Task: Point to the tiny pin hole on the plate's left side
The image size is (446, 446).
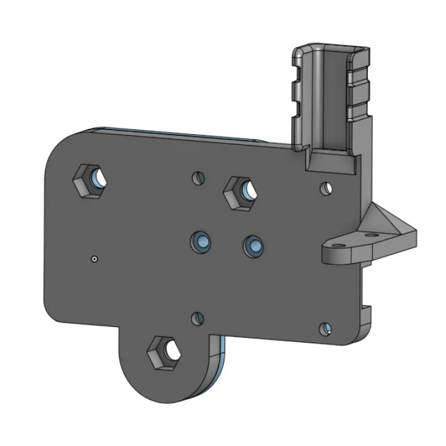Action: click(x=94, y=258)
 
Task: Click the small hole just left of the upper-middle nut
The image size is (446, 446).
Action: click(x=198, y=178)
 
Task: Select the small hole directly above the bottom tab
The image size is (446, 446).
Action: click(x=197, y=319)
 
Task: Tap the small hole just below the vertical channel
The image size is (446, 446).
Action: click(x=325, y=186)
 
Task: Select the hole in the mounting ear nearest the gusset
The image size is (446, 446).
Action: click(x=372, y=236)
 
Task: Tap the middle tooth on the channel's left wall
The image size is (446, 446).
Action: click(x=295, y=93)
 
